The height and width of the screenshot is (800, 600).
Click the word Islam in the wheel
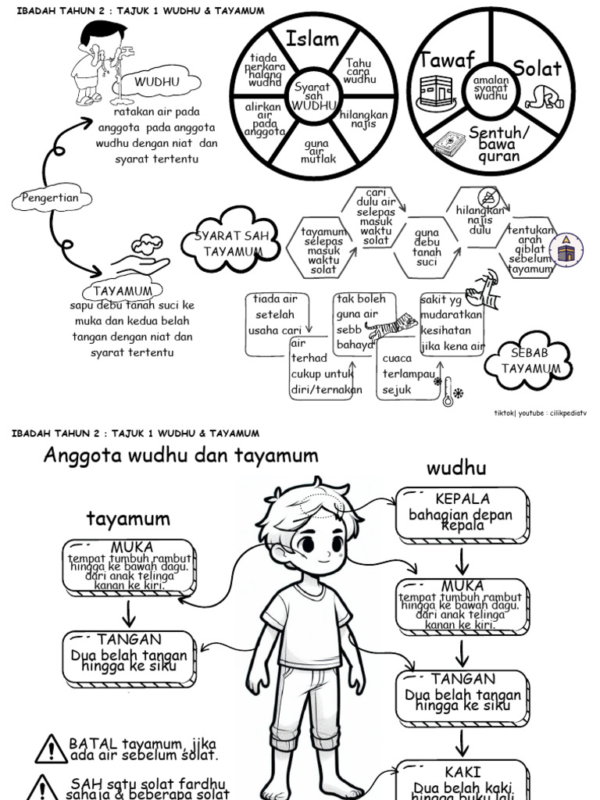click(312, 38)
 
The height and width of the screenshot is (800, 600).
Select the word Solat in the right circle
click(537, 68)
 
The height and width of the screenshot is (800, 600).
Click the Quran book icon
click(449, 143)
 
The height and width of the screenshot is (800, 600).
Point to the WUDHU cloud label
click(157, 81)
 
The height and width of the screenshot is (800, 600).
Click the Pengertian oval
click(51, 198)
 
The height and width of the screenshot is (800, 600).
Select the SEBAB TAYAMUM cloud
click(530, 360)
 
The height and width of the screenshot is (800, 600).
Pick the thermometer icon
click(448, 391)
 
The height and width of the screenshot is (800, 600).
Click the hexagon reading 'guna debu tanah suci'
click(427, 248)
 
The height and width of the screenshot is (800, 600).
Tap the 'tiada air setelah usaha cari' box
click(275, 315)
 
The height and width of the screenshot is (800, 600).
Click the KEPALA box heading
click(462, 498)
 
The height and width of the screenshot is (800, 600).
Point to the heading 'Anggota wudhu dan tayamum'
click(180, 455)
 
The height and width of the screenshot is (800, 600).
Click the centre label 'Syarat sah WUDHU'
click(312, 95)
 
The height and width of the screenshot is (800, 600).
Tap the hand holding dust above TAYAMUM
click(141, 259)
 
